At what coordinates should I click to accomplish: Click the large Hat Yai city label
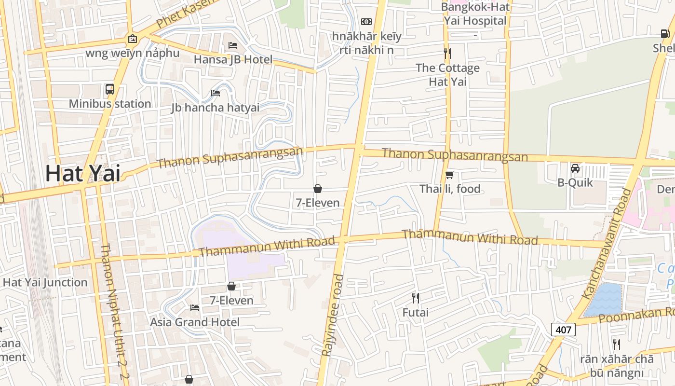point(82,174)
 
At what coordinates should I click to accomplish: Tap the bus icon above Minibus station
point(110,89)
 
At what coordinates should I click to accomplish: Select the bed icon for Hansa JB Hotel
point(233,46)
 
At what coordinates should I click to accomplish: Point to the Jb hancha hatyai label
point(215,107)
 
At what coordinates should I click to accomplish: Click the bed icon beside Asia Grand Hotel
point(195,308)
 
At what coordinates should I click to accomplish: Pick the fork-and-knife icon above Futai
point(416,298)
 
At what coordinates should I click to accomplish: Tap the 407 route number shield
point(563,330)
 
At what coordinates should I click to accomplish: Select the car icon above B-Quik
point(575,168)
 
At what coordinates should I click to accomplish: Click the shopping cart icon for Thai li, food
point(449,175)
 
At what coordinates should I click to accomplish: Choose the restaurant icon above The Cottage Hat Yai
point(447,53)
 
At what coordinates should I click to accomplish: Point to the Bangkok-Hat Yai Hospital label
point(475,14)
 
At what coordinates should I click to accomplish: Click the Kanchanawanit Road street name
point(607,244)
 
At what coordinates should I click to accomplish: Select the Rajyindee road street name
point(333,315)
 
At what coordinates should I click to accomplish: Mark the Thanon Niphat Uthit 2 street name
point(114,314)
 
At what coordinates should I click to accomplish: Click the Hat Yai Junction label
point(45,282)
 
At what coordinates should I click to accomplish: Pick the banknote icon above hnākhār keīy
point(366,22)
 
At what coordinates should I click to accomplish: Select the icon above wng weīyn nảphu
point(133,39)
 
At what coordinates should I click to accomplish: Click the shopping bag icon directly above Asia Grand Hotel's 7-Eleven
point(231,286)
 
